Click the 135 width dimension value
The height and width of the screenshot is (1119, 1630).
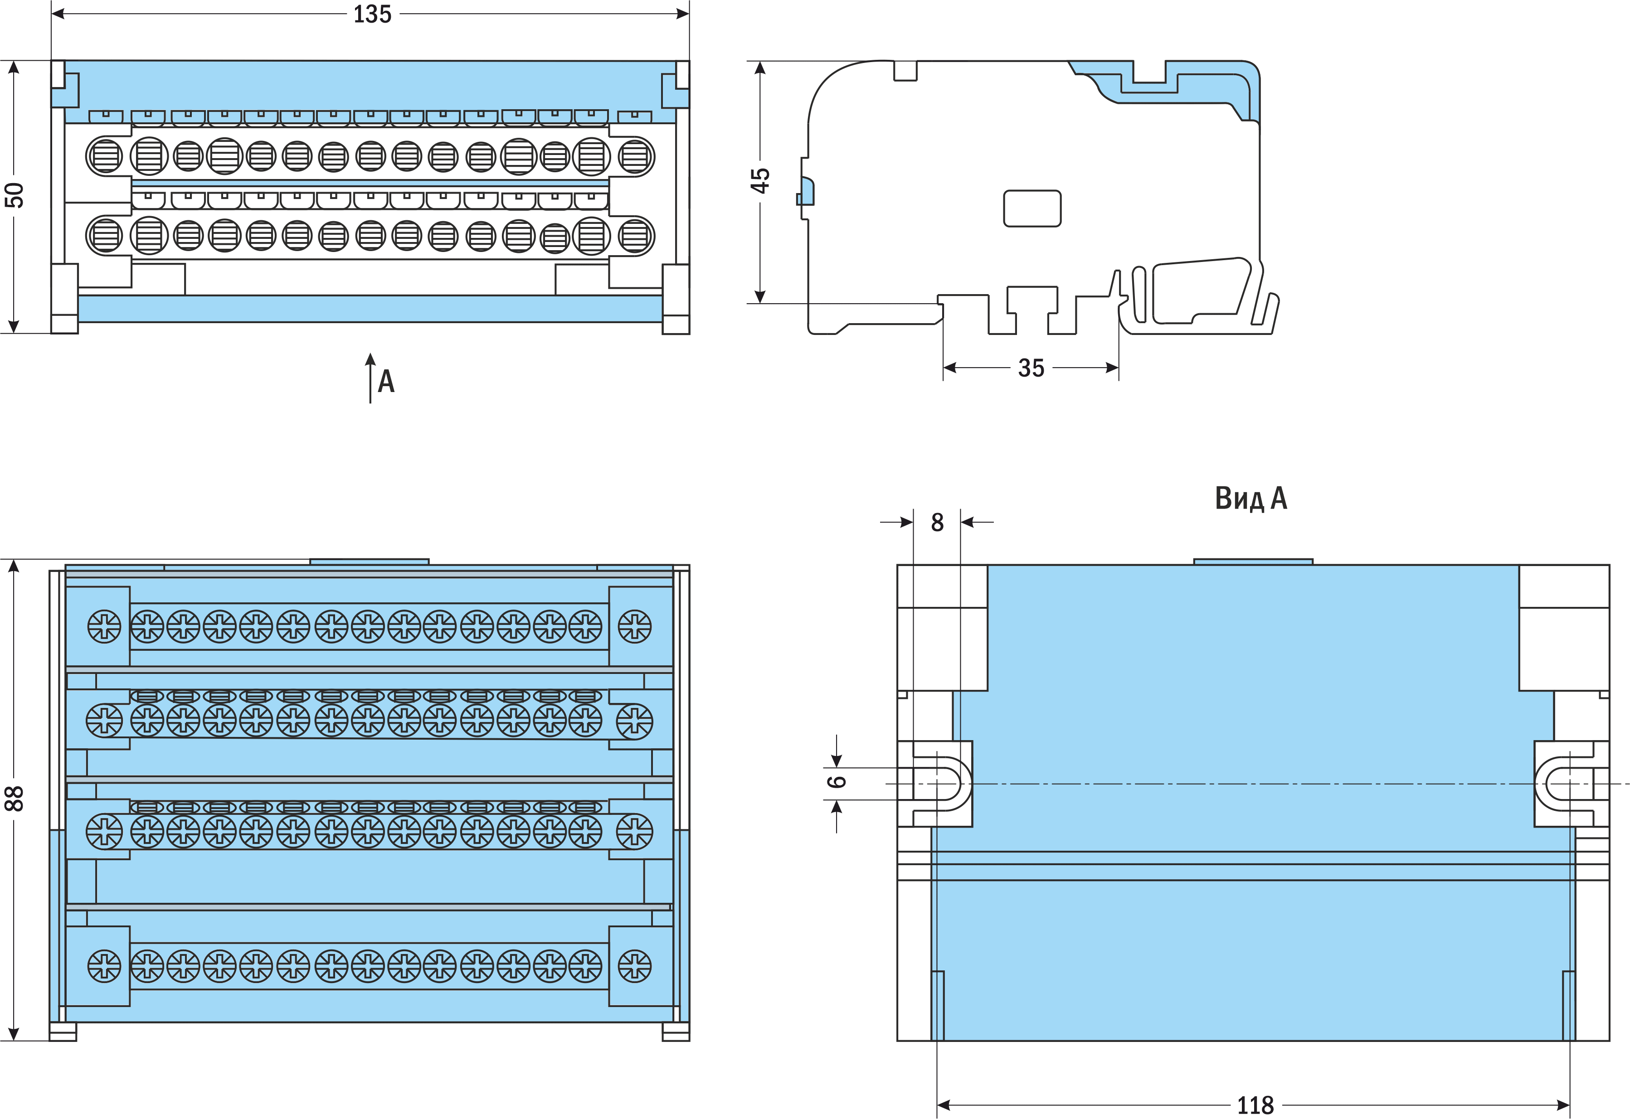tap(372, 15)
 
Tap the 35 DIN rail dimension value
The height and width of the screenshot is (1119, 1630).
tap(1031, 368)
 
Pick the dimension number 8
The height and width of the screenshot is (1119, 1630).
tap(937, 523)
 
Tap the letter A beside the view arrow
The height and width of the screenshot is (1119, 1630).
tap(386, 382)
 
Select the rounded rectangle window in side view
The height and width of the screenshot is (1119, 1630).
tap(1032, 208)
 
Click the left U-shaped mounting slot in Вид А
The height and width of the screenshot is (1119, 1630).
tap(944, 783)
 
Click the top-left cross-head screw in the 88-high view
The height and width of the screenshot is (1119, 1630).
tap(104, 626)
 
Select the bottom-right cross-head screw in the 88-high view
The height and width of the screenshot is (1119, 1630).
tap(635, 966)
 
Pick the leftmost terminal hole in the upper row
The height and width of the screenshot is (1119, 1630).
tap(104, 155)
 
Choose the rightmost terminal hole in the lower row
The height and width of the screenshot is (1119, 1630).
tap(636, 236)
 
